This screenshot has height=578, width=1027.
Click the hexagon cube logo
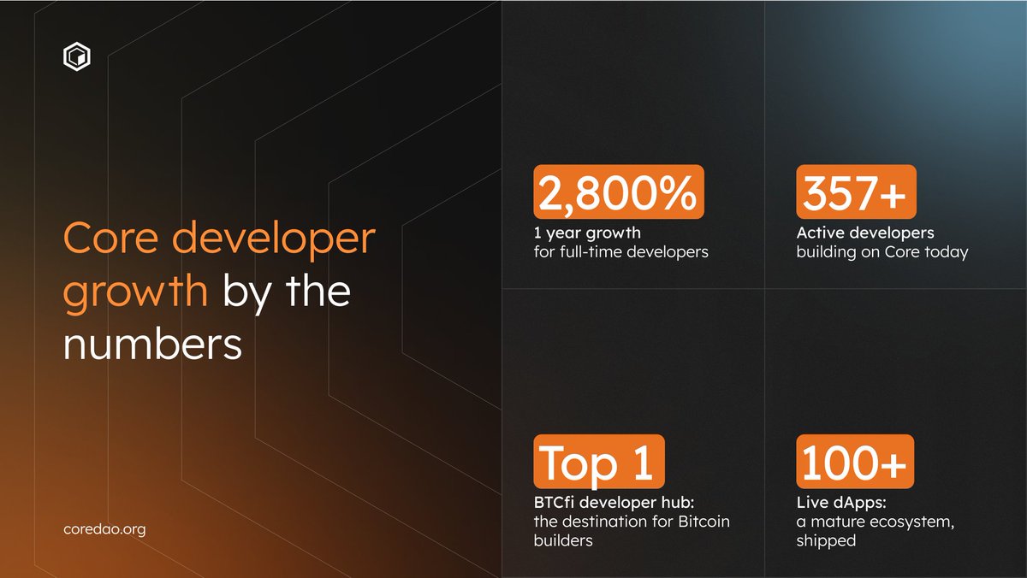pyautogui.click(x=77, y=57)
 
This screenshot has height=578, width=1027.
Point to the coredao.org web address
pyautogui.click(x=104, y=529)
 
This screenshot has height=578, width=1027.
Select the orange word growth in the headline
pyautogui.click(x=135, y=292)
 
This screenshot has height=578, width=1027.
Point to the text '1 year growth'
pyautogui.click(x=587, y=233)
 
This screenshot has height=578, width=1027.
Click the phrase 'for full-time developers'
pyautogui.click(x=621, y=252)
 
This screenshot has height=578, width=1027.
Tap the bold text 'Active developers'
pyautogui.click(x=865, y=233)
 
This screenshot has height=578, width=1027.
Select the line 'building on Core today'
pyautogui.click(x=882, y=252)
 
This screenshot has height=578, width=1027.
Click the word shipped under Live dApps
pyautogui.click(x=826, y=540)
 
